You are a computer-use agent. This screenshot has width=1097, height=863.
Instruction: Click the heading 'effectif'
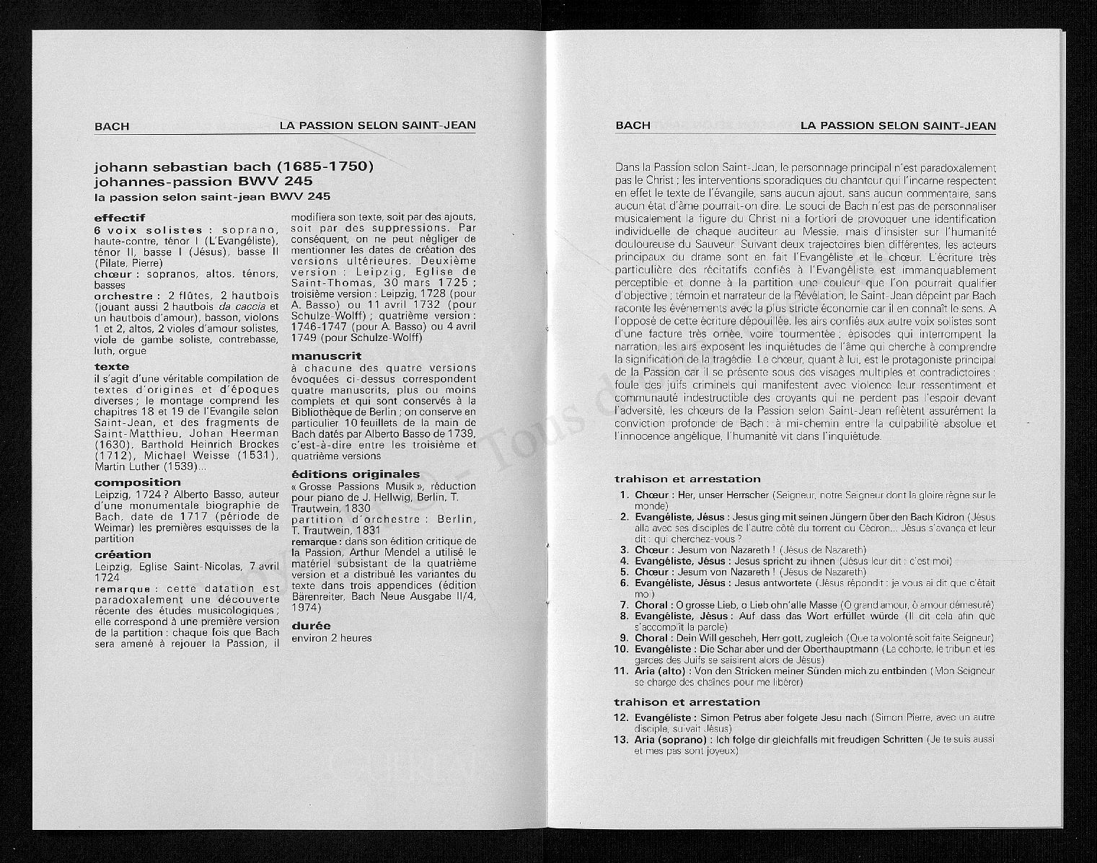[120, 218]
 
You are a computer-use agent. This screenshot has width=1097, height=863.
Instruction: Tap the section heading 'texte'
[112, 367]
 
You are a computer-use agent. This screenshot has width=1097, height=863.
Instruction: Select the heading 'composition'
[138, 482]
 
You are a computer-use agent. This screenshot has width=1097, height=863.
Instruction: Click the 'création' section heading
[123, 554]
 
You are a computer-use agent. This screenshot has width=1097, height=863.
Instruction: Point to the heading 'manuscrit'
[326, 355]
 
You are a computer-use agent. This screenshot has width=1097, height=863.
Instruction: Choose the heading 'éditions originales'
[355, 474]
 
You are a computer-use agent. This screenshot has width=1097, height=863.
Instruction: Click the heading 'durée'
[311, 626]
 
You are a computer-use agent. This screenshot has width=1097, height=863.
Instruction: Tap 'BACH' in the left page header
[112, 126]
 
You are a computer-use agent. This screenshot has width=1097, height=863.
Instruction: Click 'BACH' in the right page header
[633, 125]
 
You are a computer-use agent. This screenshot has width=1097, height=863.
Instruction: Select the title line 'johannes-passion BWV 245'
[203, 181]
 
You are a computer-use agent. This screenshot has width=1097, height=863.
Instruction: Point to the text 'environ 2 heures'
[332, 638]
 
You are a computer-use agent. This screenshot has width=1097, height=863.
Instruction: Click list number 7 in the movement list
[625, 605]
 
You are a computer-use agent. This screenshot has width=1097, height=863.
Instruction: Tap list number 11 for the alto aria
[622, 671]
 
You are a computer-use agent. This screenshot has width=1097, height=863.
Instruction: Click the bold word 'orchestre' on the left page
[123, 296]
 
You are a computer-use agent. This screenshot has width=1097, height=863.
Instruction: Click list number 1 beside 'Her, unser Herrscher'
[625, 495]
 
